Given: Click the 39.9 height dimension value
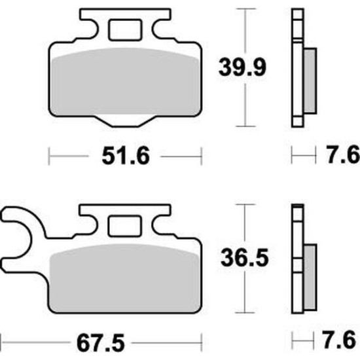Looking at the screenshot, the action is pos(242,67).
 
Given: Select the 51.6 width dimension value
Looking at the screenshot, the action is pos(126,156).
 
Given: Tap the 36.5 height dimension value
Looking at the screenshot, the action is pos(245,258).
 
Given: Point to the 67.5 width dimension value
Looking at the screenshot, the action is pos(101,343).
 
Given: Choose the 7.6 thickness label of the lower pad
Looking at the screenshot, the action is pos(339,340).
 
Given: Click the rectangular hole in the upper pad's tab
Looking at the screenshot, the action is pos(126,30).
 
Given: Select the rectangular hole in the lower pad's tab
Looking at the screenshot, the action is pos(124,226).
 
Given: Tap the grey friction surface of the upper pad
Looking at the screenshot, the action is pos(126,82).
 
